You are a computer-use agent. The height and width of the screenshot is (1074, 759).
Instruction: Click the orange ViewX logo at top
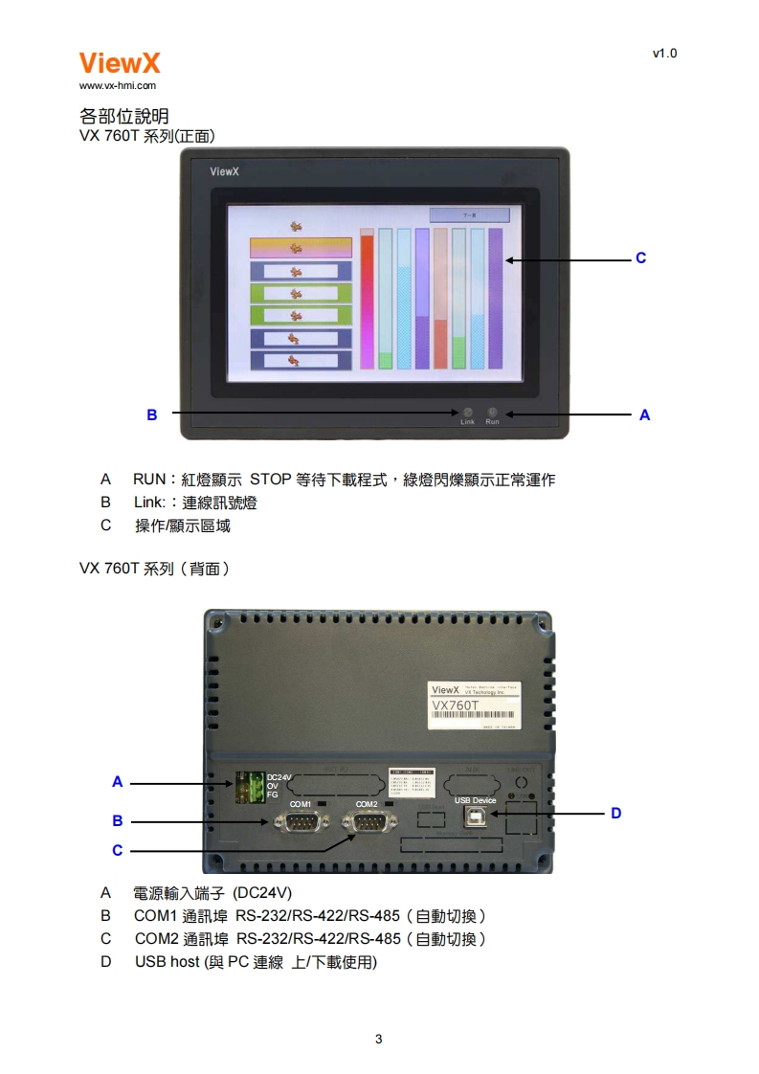(x=120, y=63)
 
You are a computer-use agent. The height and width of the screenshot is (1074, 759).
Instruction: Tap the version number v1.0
(x=664, y=54)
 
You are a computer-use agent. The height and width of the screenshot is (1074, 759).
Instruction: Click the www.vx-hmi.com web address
(x=117, y=86)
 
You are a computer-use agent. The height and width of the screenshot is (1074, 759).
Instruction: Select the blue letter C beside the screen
(x=641, y=258)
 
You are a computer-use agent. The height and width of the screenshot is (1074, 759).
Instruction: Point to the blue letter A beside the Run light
(x=644, y=414)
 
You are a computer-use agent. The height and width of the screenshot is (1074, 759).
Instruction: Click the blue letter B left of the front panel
(x=151, y=414)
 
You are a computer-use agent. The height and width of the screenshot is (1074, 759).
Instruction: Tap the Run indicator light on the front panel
(x=492, y=412)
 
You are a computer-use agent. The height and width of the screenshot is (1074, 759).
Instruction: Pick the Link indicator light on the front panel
(x=467, y=412)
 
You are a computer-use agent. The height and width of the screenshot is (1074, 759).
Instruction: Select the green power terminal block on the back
(x=248, y=786)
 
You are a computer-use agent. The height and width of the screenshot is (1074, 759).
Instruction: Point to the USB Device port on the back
(x=476, y=815)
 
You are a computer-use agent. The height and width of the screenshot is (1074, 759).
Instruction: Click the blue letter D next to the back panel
(x=616, y=813)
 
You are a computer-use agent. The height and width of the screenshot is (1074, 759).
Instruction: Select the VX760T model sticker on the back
(x=475, y=706)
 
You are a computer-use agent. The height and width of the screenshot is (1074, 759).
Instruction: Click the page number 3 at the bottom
(x=379, y=1039)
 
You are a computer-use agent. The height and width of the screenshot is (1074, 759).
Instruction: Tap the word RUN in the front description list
(x=149, y=480)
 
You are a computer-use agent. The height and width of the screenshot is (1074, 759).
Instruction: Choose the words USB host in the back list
(x=167, y=962)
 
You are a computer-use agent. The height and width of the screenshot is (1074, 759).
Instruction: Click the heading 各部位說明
(x=124, y=117)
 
